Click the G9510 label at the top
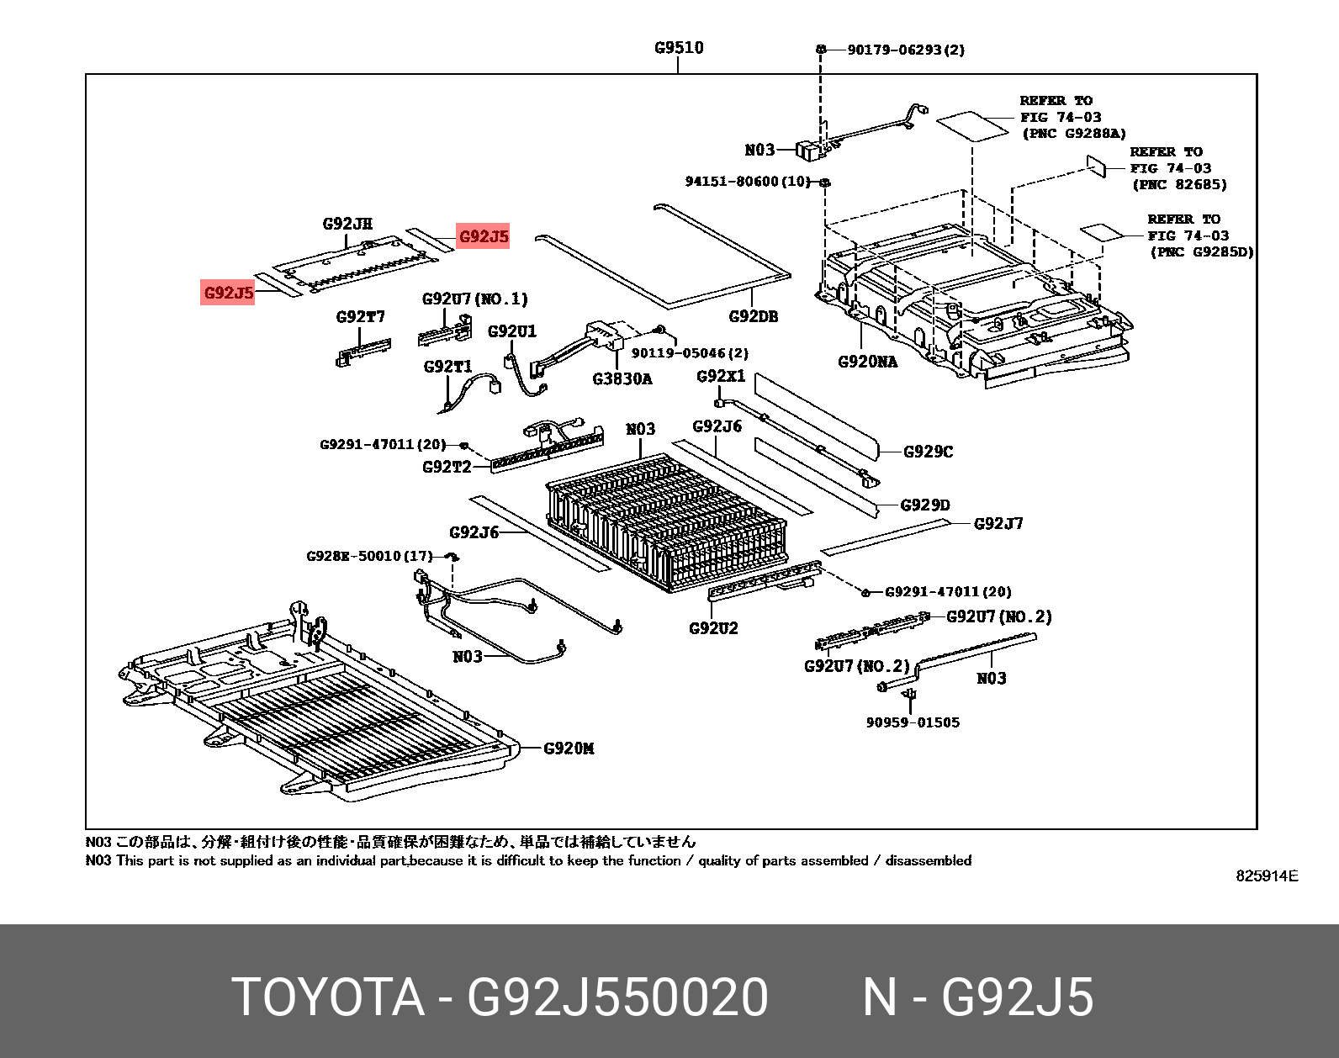point(679,48)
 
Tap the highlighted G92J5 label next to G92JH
point(484,236)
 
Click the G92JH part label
point(347,224)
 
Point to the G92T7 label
point(360,316)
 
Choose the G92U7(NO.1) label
point(474,299)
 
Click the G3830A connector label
point(622,378)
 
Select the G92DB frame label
point(753,316)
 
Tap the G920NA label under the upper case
point(867,362)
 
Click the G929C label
point(928,452)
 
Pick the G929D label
point(924,505)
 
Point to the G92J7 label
point(998,523)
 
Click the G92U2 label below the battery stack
point(713,627)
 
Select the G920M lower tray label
point(569,748)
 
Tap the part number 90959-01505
point(913,722)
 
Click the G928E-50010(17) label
point(369,556)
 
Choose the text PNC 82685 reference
point(1179,184)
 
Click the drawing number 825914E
point(1267,875)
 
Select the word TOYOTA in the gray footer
point(328,997)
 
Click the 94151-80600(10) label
point(748,182)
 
